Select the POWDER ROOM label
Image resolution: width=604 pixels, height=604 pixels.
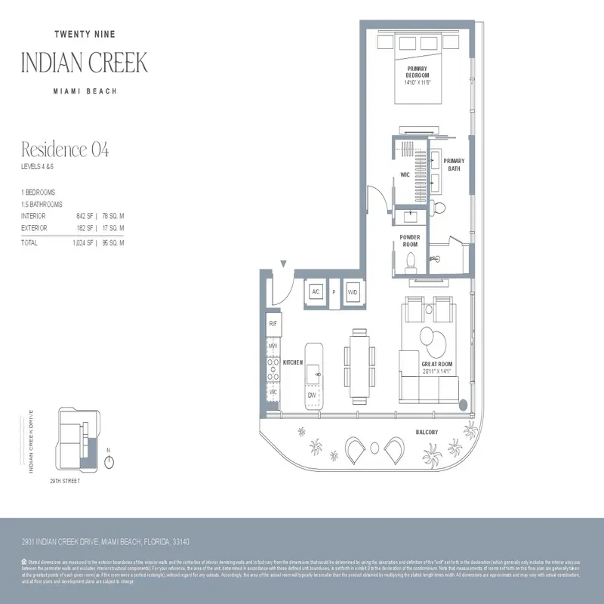410,241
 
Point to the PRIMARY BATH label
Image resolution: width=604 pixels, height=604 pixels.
454,165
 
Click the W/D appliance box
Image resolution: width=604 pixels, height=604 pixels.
352,293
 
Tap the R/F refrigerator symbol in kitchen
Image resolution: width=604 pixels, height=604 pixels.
273,324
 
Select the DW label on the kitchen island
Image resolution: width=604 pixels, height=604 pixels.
311,395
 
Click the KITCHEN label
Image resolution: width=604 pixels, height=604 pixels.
293,363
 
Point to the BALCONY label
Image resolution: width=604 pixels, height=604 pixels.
427,432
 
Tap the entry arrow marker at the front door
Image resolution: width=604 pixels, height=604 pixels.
282,263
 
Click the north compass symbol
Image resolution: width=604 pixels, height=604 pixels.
110,461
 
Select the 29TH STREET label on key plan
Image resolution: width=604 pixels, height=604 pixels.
65,480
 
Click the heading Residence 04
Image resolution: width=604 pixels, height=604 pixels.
65,149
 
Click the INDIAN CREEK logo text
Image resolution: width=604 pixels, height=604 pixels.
85,63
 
